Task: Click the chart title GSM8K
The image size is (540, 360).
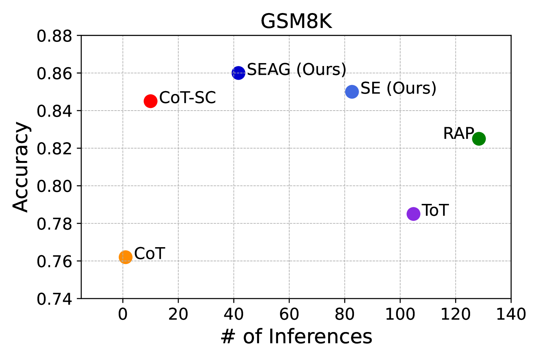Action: click(296, 21)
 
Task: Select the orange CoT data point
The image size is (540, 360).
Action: click(125, 257)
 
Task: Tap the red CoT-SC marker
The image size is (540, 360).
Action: click(151, 101)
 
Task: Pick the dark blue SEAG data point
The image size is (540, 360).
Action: click(238, 73)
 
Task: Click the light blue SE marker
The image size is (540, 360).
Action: click(352, 92)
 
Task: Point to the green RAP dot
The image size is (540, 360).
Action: click(479, 139)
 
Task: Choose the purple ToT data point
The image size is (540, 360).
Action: click(413, 214)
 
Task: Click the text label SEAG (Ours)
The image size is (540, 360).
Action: click(296, 69)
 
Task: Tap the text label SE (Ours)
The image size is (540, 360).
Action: click(398, 88)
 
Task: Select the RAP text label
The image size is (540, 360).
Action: click(458, 133)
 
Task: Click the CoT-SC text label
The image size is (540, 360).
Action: click(188, 98)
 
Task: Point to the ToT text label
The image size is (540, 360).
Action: click(435, 210)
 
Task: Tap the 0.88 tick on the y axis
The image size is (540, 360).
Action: click(54, 36)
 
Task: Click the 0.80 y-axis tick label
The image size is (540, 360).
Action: click(54, 186)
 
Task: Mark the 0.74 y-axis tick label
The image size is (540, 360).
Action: click(54, 299)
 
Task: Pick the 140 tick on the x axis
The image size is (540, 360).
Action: click(511, 314)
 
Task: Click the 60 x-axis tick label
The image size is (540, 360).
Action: click(289, 314)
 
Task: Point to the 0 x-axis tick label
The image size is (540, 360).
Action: click(123, 314)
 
